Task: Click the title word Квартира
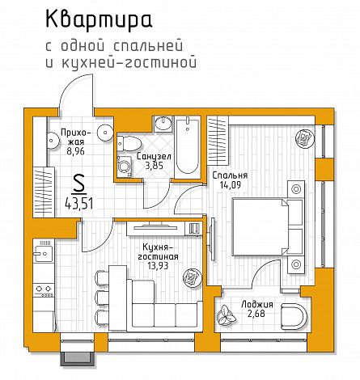[x=99, y=20]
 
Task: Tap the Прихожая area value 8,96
[x=76, y=151]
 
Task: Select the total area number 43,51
[x=79, y=203]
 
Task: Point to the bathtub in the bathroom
[x=188, y=147]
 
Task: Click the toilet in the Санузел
[x=129, y=144]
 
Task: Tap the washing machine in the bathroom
[x=125, y=167]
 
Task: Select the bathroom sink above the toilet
[x=163, y=124]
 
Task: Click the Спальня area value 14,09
[x=230, y=185]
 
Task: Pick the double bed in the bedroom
[x=268, y=227]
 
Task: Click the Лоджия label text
[x=257, y=305]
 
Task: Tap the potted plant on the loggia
[x=227, y=315]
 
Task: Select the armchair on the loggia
[x=293, y=316]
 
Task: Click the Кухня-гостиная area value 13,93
[x=158, y=266]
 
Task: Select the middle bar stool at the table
[x=102, y=298]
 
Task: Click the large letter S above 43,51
[x=79, y=184]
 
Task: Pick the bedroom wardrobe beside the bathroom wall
[x=218, y=140]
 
